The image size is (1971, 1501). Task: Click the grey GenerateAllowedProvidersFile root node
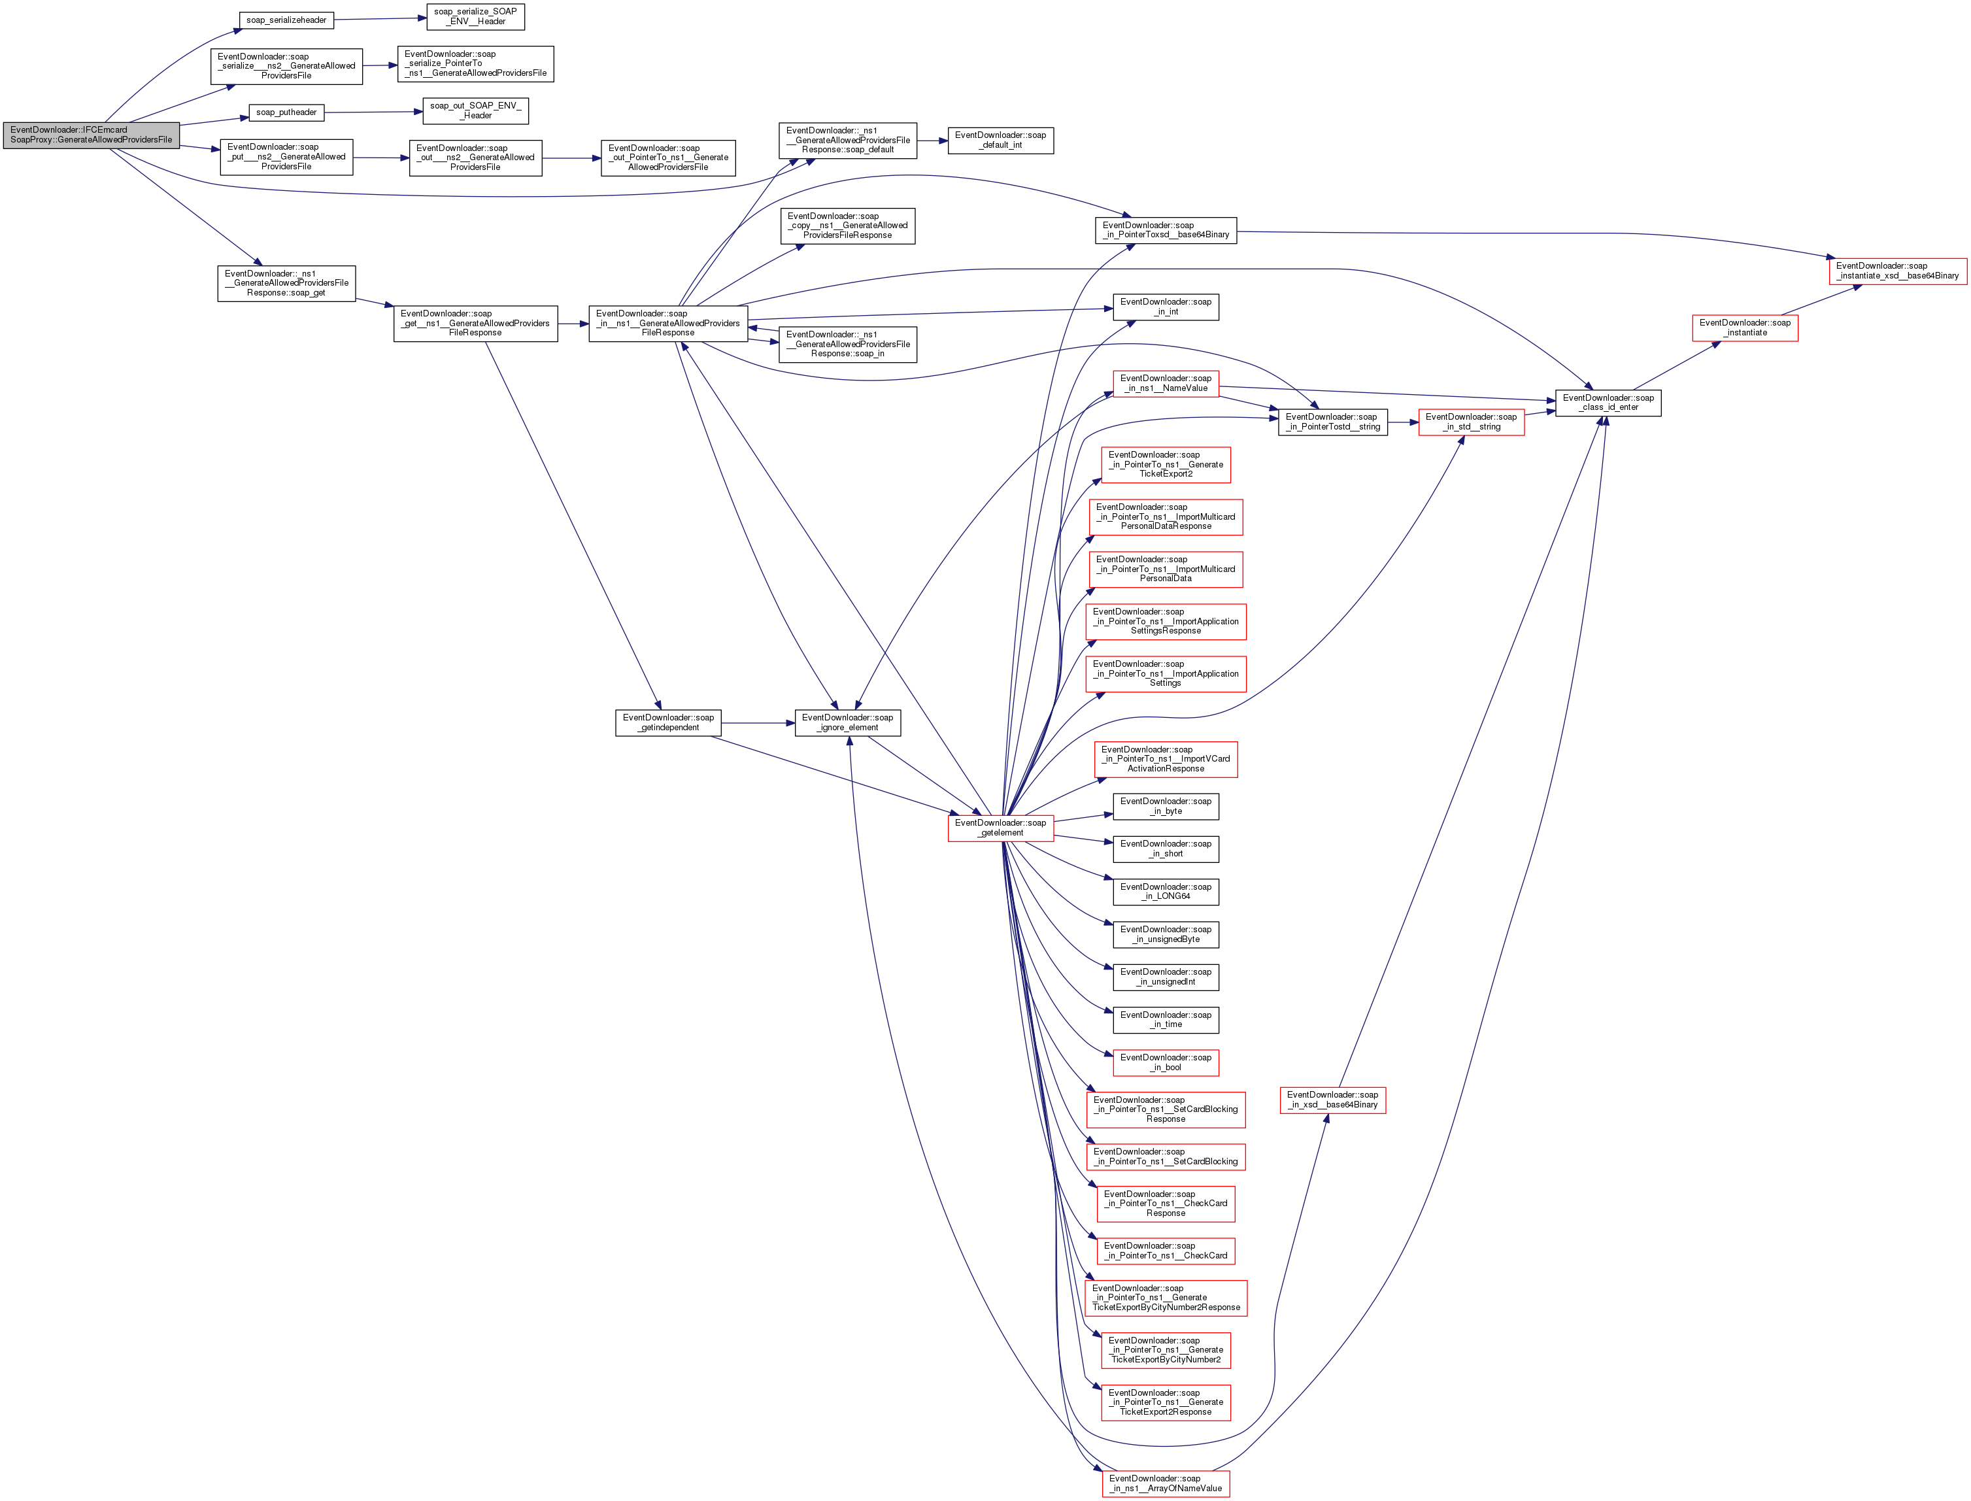point(91,135)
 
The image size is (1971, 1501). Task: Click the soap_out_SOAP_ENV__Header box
point(475,110)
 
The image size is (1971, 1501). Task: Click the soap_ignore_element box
point(847,723)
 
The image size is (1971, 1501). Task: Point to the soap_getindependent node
point(667,723)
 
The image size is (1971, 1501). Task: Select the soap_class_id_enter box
point(1608,403)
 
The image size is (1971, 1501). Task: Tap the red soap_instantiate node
point(1744,328)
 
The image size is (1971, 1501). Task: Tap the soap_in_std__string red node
point(1471,422)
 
